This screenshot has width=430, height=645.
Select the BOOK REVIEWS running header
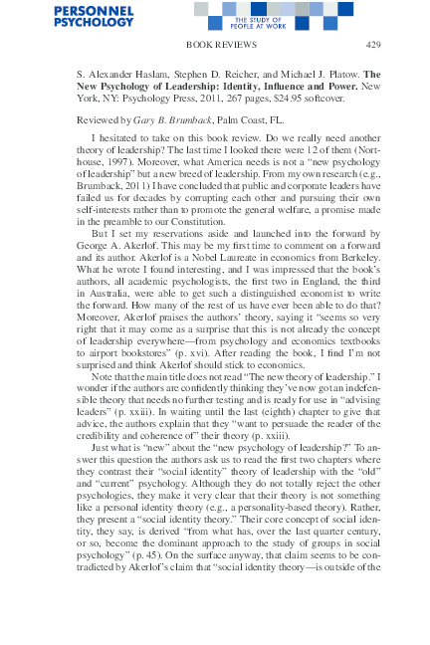click(216, 46)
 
